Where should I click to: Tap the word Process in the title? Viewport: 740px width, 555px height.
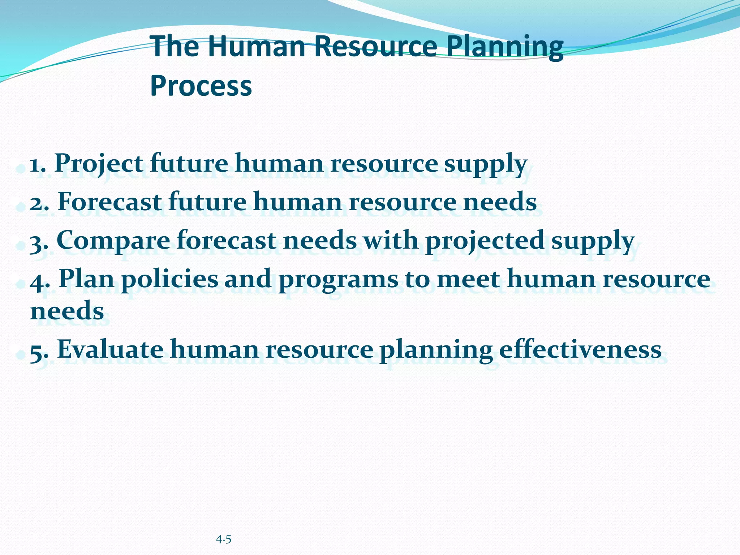[x=201, y=86]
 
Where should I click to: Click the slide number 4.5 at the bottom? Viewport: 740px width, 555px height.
[x=224, y=540]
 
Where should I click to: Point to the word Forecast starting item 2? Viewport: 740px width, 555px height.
[x=109, y=202]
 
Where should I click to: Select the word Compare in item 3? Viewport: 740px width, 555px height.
[x=113, y=241]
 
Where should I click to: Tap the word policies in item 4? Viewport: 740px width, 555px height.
[x=170, y=279]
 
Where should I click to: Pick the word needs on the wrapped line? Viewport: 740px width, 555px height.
[x=67, y=311]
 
